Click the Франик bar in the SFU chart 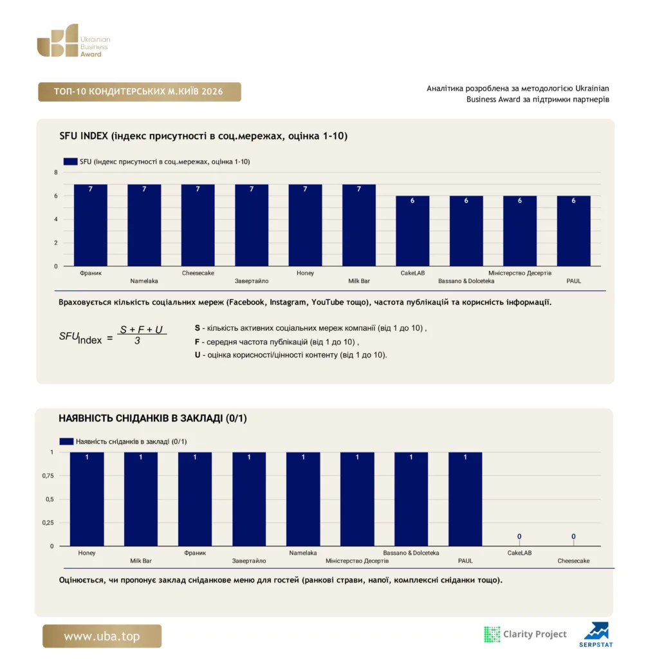(90, 225)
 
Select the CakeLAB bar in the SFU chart (412, 231)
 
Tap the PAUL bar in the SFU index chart (573, 231)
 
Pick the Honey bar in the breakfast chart (87, 499)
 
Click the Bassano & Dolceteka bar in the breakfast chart (411, 499)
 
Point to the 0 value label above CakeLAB (519, 536)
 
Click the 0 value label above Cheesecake (573, 536)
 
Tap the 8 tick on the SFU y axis (56, 172)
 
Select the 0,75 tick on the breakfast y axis (48, 476)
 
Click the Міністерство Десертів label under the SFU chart (519, 273)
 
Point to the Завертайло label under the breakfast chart (249, 561)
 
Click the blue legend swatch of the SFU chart (70, 162)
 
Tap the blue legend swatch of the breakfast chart (66, 441)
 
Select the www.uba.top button (102, 636)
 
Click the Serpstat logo (596, 635)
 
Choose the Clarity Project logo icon (492, 634)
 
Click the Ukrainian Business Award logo (73, 41)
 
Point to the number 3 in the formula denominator (137, 341)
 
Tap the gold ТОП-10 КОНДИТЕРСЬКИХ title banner (140, 91)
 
